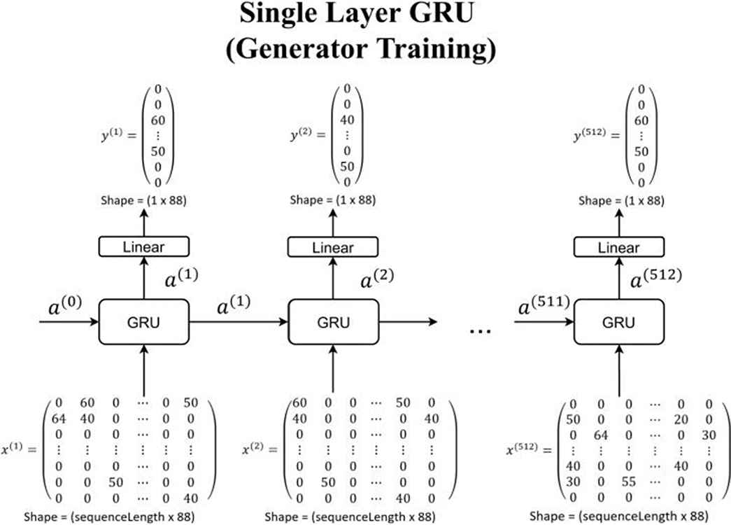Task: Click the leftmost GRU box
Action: [143, 322]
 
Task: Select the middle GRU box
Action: [334, 322]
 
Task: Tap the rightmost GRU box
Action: [618, 322]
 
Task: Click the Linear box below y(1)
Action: [143, 246]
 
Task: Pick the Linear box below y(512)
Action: [618, 247]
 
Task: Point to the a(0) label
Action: [65, 306]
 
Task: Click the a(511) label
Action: [544, 306]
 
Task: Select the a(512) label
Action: [656, 279]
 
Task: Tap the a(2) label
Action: [377, 279]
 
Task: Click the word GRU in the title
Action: [441, 13]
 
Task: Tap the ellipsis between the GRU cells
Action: [480, 331]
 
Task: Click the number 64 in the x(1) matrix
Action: [59, 419]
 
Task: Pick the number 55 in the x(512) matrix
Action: [628, 481]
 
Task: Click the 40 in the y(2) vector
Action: [347, 120]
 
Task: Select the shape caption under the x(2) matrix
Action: [350, 517]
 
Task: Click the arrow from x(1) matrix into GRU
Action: [143, 370]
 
